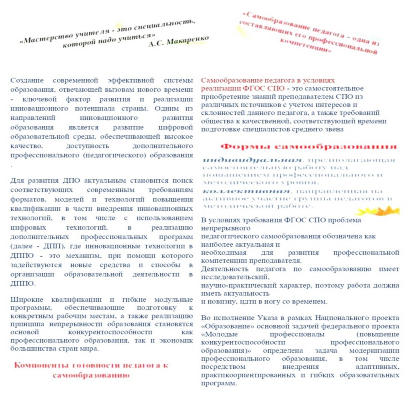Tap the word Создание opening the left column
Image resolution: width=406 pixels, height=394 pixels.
click(27, 80)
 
